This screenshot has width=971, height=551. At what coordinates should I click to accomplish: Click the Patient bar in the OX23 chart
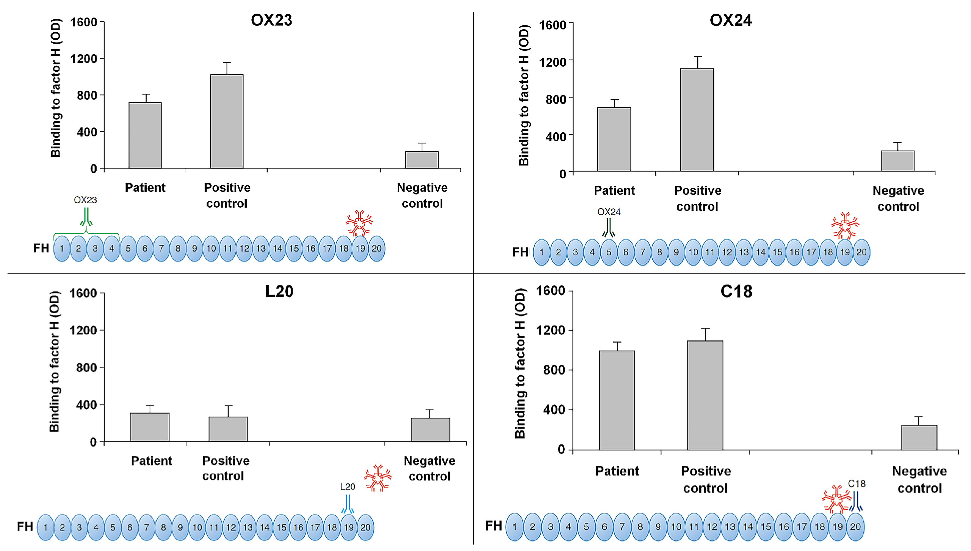click(145, 135)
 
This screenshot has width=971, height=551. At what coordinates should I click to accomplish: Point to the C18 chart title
click(736, 291)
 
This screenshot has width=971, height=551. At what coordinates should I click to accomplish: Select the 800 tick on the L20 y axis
click(86, 367)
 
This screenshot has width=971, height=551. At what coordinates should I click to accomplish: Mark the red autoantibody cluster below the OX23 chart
click(359, 223)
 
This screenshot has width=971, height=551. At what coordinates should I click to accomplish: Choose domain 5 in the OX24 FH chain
click(609, 252)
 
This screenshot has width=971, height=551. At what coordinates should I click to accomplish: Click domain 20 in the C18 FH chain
click(855, 526)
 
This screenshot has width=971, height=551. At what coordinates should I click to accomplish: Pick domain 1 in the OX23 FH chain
click(62, 249)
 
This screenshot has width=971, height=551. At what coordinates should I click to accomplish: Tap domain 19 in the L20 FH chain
click(348, 527)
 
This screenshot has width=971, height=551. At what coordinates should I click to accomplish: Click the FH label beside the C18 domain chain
click(494, 526)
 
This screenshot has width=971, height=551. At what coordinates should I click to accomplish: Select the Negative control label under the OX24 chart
click(898, 198)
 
